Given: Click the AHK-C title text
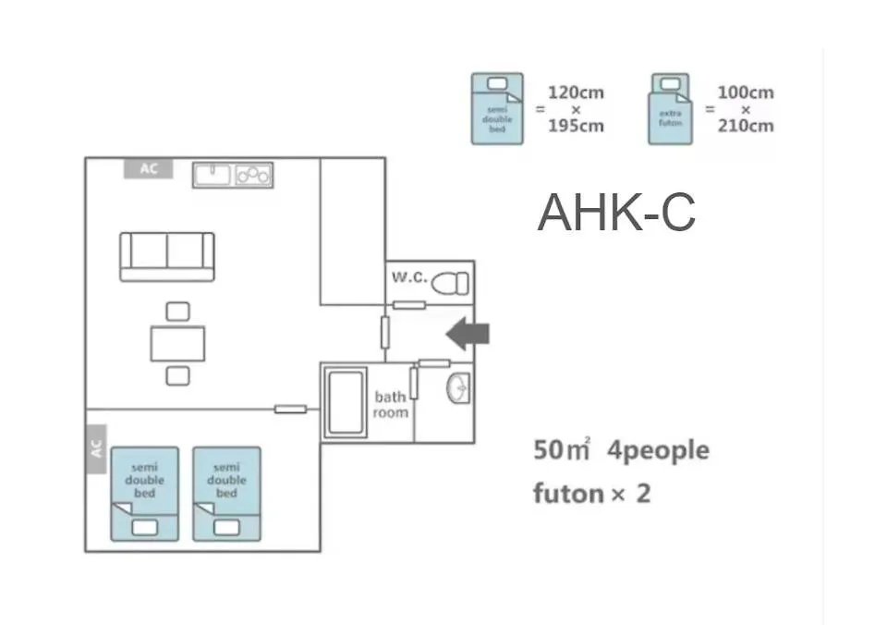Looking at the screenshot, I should pos(616,214).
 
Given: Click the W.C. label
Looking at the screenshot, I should pos(408,277).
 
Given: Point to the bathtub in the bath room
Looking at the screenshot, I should pos(344,401).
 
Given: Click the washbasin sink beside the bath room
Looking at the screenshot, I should pos(457,390).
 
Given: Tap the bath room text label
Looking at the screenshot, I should pos(391,405).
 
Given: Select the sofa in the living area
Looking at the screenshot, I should pos(167,255).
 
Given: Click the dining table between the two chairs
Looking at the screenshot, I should pos(177,343).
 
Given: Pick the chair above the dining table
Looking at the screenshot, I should pos(177,312).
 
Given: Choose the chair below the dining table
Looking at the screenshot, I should pos(177,375).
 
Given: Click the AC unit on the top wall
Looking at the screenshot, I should pos(149,169).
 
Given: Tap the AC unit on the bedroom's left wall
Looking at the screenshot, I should pos(96,448).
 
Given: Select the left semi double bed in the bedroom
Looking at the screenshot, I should pos(145,494).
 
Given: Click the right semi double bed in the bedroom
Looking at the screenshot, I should pos(226,494).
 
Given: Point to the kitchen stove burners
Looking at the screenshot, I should pos(253,174).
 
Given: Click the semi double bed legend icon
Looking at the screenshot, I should pos(497,109).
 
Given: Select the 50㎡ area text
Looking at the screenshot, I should pos(561,451).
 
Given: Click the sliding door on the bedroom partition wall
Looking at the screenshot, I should pos(290,409).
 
